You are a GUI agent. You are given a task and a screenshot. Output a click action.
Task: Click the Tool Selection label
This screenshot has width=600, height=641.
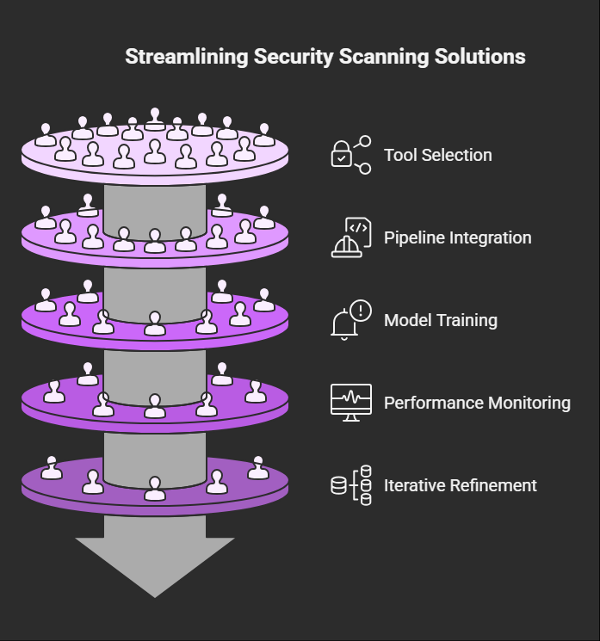coord(438,156)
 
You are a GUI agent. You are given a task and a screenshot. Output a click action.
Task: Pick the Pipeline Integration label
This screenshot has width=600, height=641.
coord(457,238)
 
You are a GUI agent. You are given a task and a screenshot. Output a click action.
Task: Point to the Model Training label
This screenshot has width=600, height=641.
coord(441,321)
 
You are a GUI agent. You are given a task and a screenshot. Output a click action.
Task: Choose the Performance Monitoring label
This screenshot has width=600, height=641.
coord(477,403)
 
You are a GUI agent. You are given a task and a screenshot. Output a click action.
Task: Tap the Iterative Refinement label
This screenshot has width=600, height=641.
coord(461,485)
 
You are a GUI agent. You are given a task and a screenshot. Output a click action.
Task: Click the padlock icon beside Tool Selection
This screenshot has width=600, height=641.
coord(343,157)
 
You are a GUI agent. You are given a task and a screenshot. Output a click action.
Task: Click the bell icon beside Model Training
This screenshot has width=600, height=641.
coord(345,324)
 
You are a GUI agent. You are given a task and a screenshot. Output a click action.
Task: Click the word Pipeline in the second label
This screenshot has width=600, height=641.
coord(411,238)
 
